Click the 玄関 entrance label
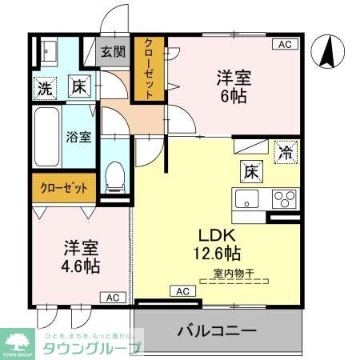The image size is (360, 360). coord(113,53)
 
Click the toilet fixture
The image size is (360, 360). coord(116,175)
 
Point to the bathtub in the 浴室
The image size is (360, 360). coord(47,136)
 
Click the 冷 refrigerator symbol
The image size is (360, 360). coord(284,150)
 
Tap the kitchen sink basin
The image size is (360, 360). coord(245,198)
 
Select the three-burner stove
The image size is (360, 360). coord(285,198)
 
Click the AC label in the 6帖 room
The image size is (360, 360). coord(285,45)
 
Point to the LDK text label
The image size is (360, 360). coord(217,235)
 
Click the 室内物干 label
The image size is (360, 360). coord(233,274)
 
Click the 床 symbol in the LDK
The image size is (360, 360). coord(249,170)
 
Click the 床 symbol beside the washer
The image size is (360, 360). coord(78,86)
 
